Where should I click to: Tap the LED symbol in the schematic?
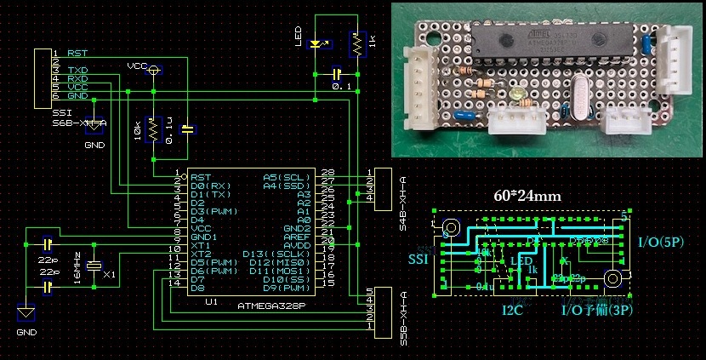(x=316, y=44)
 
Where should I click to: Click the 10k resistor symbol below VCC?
(x=153, y=130)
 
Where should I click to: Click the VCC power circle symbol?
(x=153, y=71)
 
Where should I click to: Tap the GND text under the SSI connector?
(x=93, y=146)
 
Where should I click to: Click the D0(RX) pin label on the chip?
(x=209, y=186)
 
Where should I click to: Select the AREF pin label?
(x=296, y=237)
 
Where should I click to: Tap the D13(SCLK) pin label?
(x=273, y=254)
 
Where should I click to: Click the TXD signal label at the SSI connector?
(x=77, y=69)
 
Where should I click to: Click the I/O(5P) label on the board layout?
(x=661, y=242)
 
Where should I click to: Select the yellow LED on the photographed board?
(x=519, y=92)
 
